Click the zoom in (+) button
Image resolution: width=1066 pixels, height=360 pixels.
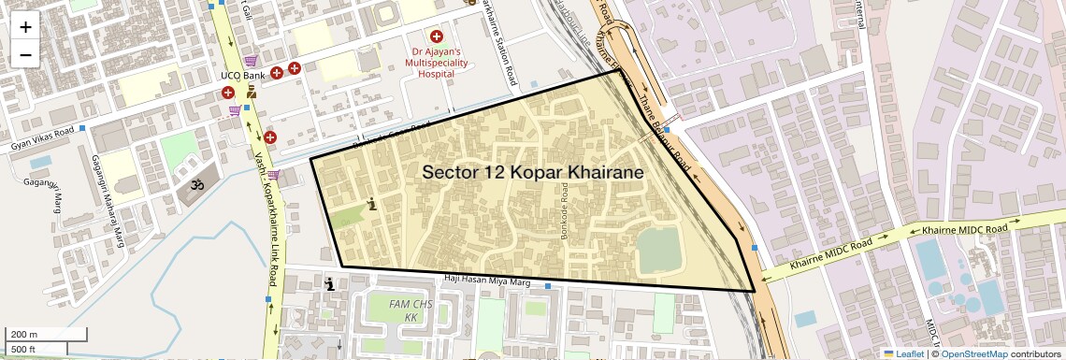tap(25, 26)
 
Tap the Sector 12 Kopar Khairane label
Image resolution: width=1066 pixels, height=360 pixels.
tap(532, 172)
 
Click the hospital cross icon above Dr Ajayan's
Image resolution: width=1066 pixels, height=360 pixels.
tap(436, 36)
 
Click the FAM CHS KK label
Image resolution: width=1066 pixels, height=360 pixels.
tap(410, 311)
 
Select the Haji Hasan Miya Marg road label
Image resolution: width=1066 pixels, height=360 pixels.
tap(486, 279)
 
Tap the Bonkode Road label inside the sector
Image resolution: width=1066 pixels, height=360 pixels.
tap(565, 215)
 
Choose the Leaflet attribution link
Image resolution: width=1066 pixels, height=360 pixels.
tap(902, 353)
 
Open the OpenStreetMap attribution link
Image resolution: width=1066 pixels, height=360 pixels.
tap(973, 353)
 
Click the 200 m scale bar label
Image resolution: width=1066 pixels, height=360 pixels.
tap(24, 334)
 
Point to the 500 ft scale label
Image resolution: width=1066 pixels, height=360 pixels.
tap(24, 350)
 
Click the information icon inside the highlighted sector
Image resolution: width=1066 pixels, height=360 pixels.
tap(373, 205)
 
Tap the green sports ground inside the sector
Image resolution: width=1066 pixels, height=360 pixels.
tap(659, 250)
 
